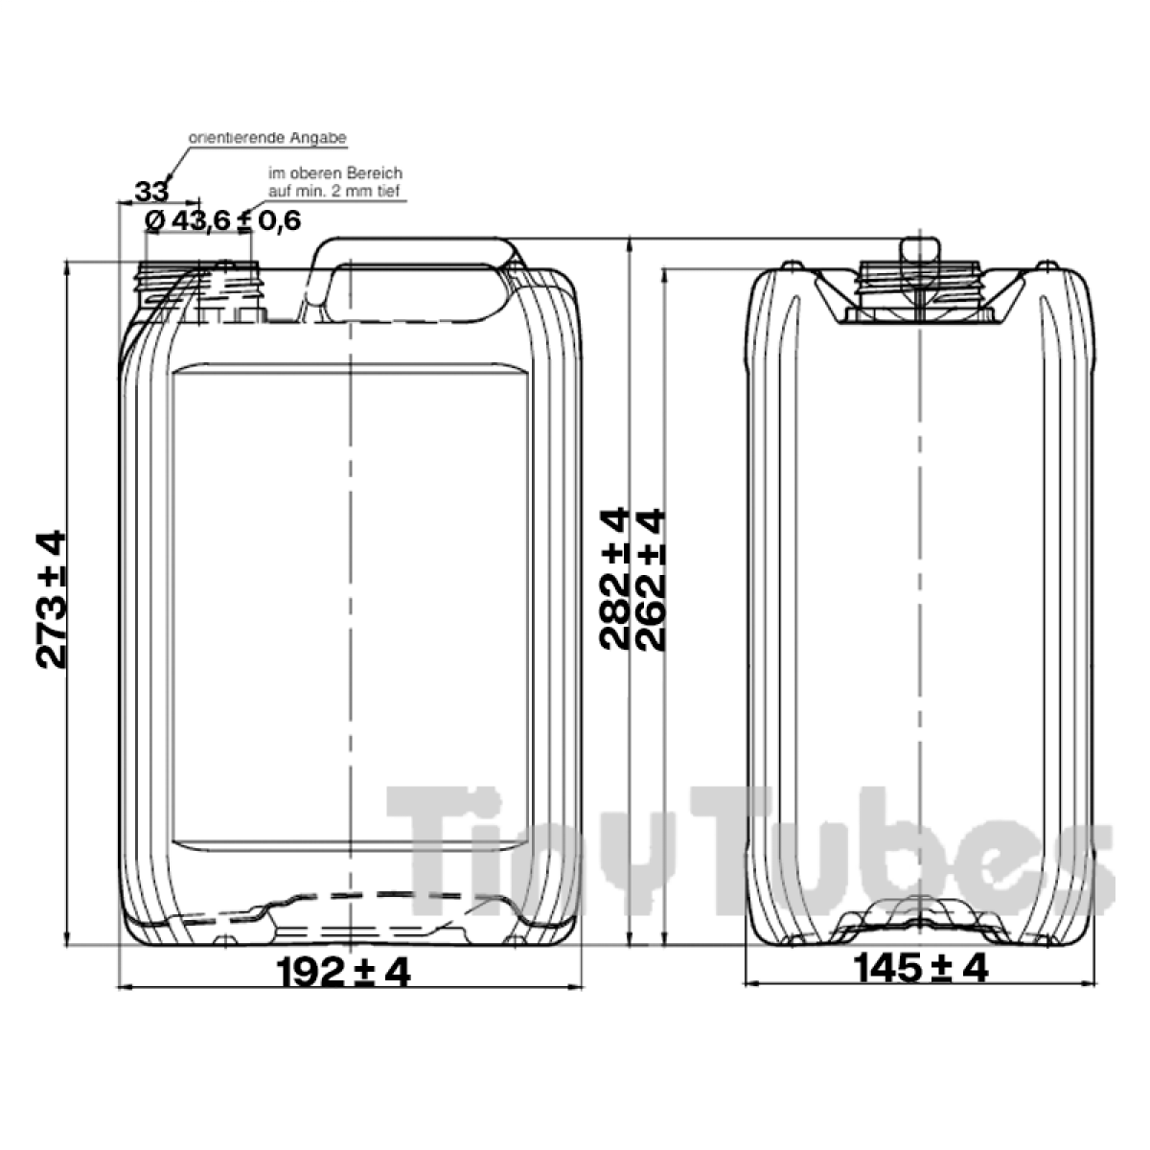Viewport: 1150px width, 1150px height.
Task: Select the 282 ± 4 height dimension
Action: point(614,579)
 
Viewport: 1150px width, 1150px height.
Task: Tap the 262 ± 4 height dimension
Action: point(650,579)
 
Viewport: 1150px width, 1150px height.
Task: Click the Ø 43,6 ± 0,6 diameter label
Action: point(222,221)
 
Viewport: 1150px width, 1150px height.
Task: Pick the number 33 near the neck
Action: point(151,192)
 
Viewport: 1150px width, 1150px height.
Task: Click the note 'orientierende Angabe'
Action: point(267,138)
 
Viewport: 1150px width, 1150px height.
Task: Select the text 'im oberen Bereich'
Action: point(335,173)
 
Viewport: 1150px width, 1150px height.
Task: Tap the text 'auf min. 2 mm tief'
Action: point(334,191)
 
